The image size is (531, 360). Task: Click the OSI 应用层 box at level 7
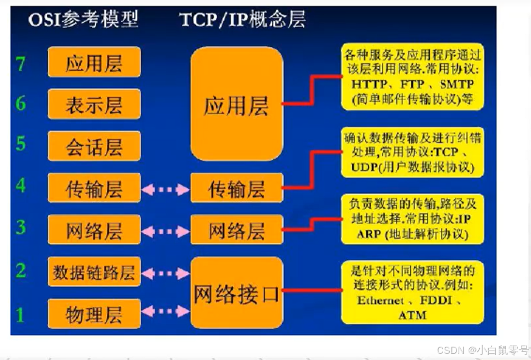click(94, 62)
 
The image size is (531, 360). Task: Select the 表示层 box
click(94, 104)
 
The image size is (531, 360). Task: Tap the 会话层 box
click(94, 146)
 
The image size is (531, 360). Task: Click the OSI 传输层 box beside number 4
click(94, 188)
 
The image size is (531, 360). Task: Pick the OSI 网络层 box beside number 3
click(94, 230)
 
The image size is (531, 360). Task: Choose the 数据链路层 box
click(94, 272)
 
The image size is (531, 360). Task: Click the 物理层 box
click(94, 314)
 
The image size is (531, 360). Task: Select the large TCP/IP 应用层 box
click(237, 104)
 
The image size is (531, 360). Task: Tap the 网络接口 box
click(237, 292)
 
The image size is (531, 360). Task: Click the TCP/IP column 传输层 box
click(237, 188)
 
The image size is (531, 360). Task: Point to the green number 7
click(21, 63)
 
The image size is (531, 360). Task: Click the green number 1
click(21, 315)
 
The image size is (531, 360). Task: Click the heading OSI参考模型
click(83, 20)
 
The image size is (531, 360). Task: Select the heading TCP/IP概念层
click(242, 20)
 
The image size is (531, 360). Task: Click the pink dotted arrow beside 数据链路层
click(165, 273)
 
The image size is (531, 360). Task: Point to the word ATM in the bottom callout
click(412, 315)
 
